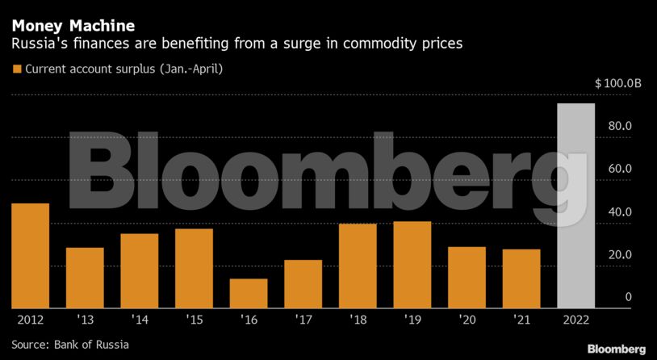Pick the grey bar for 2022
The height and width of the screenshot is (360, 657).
pyautogui.click(x=576, y=206)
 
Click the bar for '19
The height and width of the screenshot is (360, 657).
pyautogui.click(x=412, y=265)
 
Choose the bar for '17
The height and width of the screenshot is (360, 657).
pyautogui.click(x=303, y=283)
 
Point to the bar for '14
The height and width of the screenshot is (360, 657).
pyautogui.click(x=140, y=270)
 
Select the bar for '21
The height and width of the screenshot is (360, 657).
pyautogui.click(x=521, y=278)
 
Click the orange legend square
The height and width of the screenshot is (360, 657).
pyautogui.click(x=16, y=69)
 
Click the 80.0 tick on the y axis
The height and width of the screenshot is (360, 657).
pyautogui.click(x=619, y=127)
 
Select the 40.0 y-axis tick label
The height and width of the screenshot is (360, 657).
pyautogui.click(x=619, y=212)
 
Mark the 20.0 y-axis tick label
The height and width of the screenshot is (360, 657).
pyautogui.click(x=619, y=255)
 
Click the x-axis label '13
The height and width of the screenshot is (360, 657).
pyautogui.click(x=85, y=320)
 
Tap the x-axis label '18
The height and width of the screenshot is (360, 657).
pyautogui.click(x=358, y=320)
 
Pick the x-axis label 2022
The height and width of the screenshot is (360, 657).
pyautogui.click(x=576, y=320)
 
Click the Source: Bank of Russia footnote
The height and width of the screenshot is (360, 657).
pyautogui.click(x=65, y=346)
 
